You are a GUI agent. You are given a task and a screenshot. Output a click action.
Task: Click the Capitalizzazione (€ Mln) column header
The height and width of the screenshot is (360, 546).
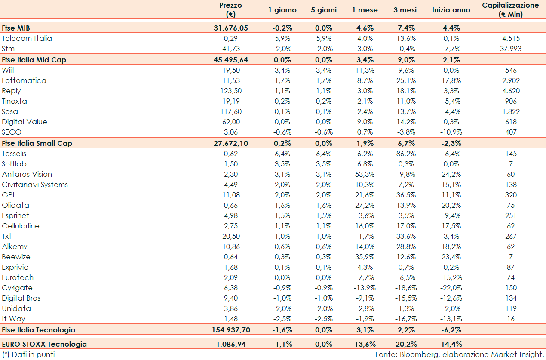pyautogui.click(x=510, y=10)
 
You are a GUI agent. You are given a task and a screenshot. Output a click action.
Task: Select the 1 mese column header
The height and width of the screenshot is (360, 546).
pyautogui.click(x=365, y=10)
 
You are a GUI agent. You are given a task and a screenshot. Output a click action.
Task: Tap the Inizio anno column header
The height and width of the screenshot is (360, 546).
pyautogui.click(x=451, y=10)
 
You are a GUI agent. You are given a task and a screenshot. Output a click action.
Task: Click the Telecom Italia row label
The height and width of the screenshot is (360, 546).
pyautogui.click(x=27, y=38)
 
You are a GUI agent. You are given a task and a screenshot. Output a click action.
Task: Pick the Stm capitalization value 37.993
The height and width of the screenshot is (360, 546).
pyautogui.click(x=510, y=49)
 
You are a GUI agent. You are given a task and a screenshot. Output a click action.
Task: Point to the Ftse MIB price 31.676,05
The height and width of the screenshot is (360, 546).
pyautogui.click(x=231, y=28)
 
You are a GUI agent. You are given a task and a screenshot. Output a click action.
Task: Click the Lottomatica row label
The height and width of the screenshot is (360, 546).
pyautogui.click(x=24, y=80)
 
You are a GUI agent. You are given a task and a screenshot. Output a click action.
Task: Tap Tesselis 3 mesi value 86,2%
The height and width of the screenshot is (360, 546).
pyautogui.click(x=405, y=154)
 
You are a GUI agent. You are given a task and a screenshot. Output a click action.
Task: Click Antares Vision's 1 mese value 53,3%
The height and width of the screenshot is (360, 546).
pyautogui.click(x=365, y=174)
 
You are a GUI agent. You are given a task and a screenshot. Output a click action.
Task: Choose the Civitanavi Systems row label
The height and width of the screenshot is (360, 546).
pyautogui.click(x=35, y=185)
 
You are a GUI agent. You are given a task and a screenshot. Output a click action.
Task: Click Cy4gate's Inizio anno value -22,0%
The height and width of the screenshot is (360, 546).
pyautogui.click(x=451, y=288)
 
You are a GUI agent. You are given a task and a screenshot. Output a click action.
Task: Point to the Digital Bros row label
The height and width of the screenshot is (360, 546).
pyautogui.click(x=21, y=298)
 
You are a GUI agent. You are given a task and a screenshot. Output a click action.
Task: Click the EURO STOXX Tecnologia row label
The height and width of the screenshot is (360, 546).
pyautogui.click(x=44, y=344)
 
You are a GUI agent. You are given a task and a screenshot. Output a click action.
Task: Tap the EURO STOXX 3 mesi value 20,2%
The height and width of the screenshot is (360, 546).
pyautogui.click(x=405, y=344)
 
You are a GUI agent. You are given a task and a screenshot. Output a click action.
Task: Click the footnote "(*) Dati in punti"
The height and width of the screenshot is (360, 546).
pyautogui.click(x=28, y=354)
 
